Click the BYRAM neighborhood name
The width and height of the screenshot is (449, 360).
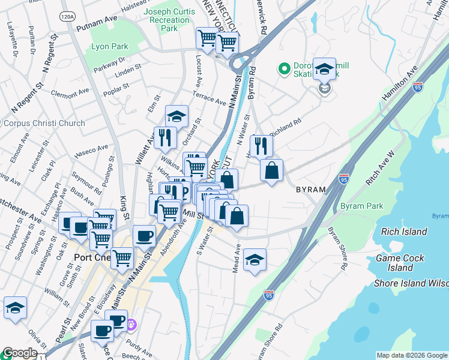(x=310, y=190)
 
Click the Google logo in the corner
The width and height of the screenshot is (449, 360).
(x=20, y=353)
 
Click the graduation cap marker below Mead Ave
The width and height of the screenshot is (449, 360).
(x=255, y=259)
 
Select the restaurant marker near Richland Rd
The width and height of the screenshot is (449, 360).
(x=261, y=146)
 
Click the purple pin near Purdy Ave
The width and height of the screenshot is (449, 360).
(x=131, y=325)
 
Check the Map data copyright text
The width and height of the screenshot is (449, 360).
(x=412, y=355)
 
